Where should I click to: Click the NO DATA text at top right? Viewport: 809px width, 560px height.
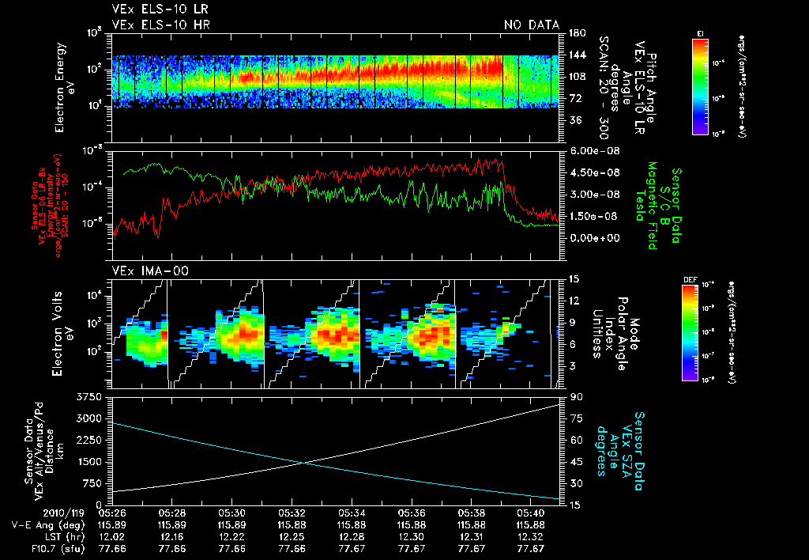(531, 25)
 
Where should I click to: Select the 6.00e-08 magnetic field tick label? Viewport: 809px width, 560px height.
(592, 151)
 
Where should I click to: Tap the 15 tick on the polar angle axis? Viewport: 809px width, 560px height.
(571, 278)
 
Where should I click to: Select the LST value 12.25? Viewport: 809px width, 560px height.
(292, 535)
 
